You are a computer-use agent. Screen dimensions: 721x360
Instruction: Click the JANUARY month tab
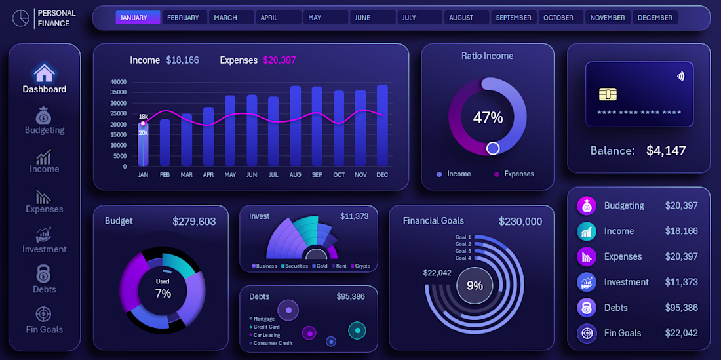coord(138,18)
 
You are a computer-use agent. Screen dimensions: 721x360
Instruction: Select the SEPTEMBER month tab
coord(514,18)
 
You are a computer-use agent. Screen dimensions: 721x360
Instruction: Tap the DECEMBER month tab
coord(655,18)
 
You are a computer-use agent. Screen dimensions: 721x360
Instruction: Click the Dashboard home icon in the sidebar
coord(44,73)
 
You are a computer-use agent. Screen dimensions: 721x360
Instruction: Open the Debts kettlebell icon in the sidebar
coord(43,274)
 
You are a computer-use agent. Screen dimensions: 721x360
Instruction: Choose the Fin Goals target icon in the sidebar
coord(43,315)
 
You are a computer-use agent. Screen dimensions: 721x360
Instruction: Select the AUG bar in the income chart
coord(295,126)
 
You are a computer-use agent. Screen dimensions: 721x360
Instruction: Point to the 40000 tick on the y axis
coord(118,83)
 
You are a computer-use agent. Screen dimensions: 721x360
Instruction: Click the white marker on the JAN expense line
coord(143,123)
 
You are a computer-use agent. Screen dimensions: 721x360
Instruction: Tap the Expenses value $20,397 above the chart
coord(280,60)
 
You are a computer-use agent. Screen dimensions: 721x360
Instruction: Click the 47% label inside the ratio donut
coord(488,117)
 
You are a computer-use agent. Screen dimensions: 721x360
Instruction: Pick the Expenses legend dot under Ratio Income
coord(497,174)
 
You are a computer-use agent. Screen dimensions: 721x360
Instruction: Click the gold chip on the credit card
coord(608,94)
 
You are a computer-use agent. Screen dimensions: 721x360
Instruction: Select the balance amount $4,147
coord(666,151)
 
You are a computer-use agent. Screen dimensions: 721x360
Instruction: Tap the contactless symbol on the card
coord(680,76)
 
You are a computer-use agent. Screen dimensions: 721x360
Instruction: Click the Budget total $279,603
coord(194,222)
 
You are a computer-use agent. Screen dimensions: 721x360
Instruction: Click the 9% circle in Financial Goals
coord(475,285)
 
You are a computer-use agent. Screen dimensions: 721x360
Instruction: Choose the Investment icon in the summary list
coord(587,283)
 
